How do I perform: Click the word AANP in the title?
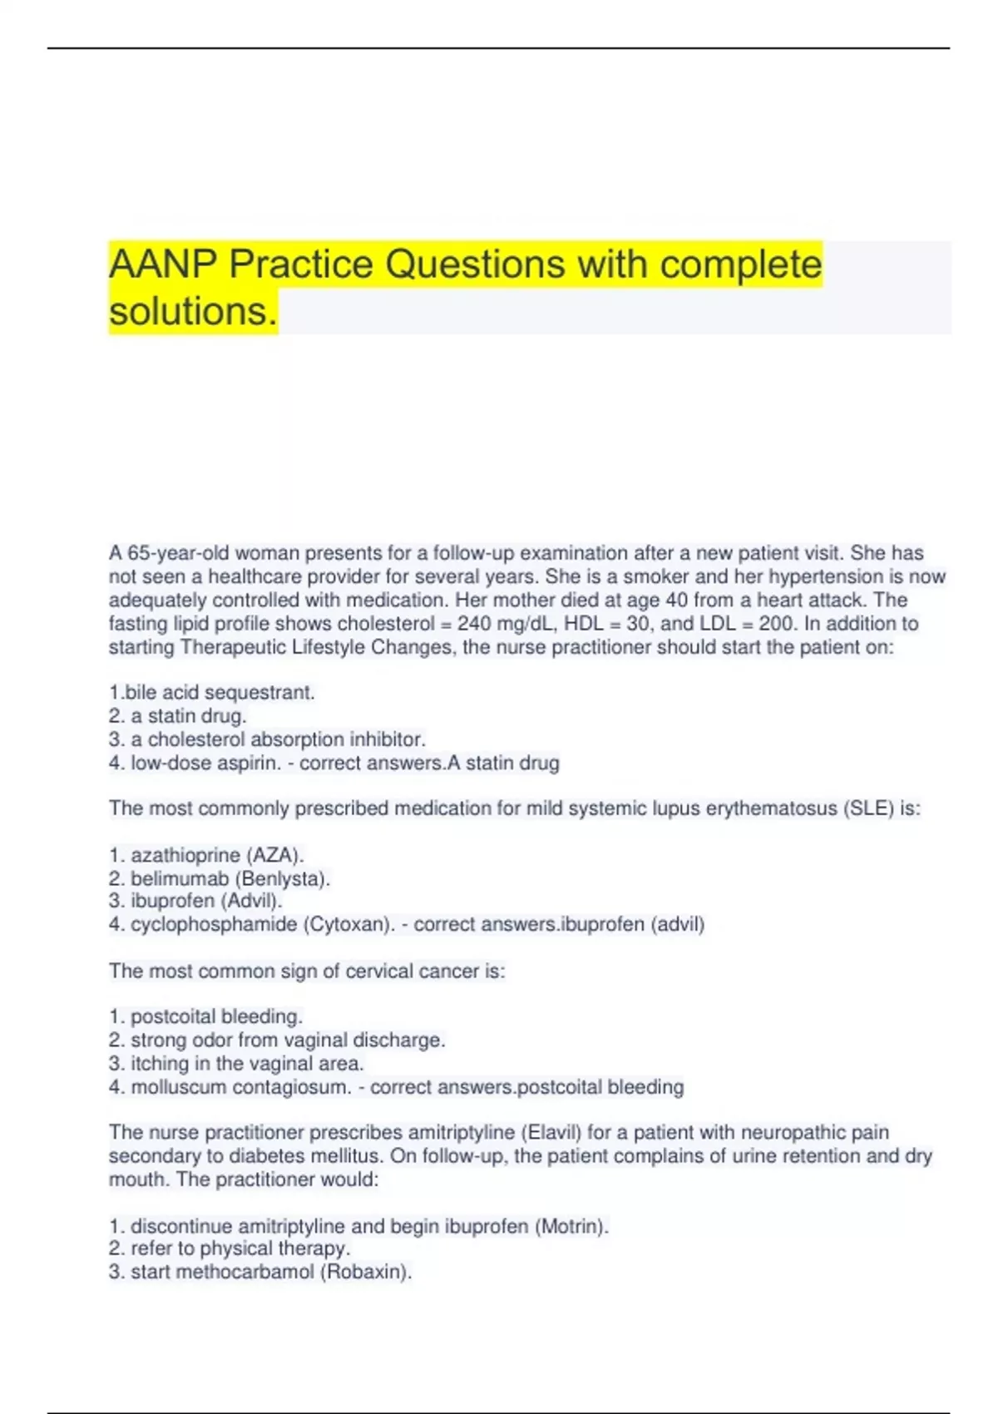pyautogui.click(x=164, y=265)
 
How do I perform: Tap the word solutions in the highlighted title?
pyautogui.click(x=191, y=312)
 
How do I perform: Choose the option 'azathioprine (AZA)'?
pyautogui.click(x=216, y=855)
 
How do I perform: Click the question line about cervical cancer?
pyautogui.click(x=307, y=971)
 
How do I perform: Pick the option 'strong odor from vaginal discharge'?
pyautogui.click(x=288, y=1040)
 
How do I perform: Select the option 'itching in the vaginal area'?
pyautogui.click(x=247, y=1063)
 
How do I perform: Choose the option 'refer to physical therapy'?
pyautogui.click(x=240, y=1248)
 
